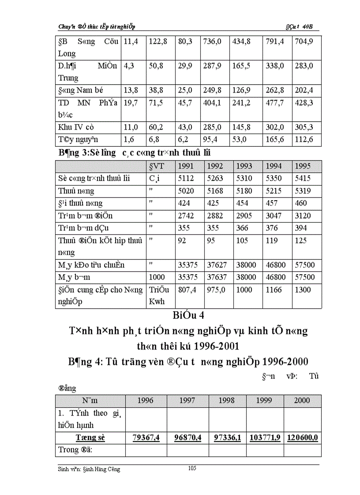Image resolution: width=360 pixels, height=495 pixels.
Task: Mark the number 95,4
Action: (210, 140)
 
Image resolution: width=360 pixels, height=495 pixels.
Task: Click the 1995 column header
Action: (303, 166)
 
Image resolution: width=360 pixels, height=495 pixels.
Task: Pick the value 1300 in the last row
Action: (303, 290)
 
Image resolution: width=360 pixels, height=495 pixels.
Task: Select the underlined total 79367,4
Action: (146, 438)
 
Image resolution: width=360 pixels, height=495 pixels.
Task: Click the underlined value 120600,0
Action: (303, 438)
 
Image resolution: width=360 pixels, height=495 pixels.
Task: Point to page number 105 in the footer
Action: (192, 468)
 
